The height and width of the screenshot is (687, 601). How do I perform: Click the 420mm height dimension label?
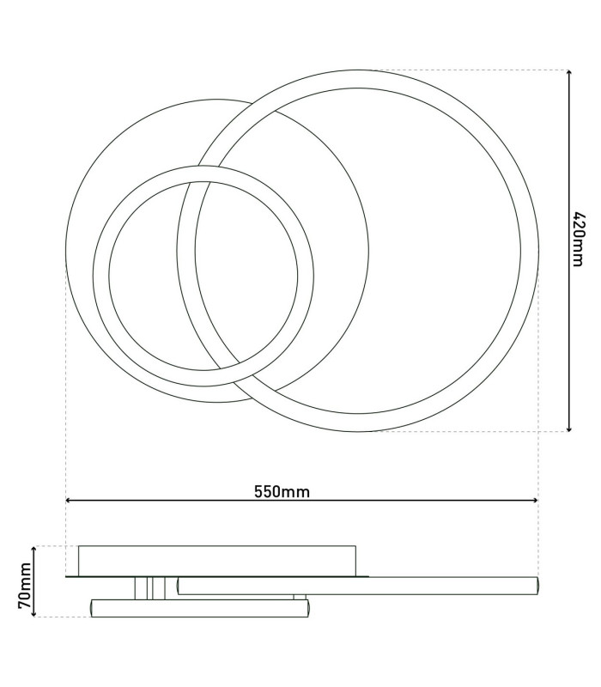click(579, 240)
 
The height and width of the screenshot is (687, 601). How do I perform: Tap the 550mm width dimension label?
click(282, 492)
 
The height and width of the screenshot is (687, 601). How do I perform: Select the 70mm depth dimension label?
click(25, 586)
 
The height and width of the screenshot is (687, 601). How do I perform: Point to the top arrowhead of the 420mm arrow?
click(569, 73)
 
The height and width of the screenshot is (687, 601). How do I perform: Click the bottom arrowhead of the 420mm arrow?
click(569, 428)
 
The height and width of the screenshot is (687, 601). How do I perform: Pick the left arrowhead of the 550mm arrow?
click(70, 500)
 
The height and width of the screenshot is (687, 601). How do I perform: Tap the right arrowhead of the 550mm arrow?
click(534, 500)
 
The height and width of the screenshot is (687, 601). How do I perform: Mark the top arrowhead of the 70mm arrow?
click(34, 550)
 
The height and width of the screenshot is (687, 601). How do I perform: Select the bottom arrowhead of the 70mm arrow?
click(34, 613)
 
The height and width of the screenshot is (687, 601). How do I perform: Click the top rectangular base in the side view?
click(217, 561)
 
